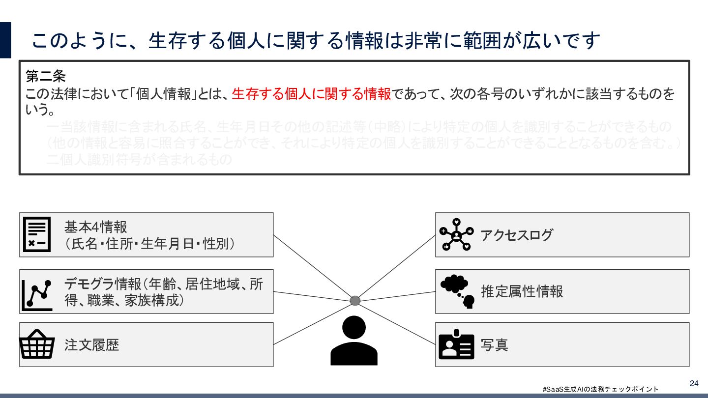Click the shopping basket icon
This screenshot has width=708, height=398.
[36, 344]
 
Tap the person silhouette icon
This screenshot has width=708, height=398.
[354, 341]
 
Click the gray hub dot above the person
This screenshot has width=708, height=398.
[355, 300]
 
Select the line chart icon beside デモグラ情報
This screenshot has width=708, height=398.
[37, 295]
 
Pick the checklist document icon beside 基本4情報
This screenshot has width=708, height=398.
[37, 234]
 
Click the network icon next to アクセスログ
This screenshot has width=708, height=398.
[456, 234]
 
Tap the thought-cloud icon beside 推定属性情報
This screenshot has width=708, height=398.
[457, 291]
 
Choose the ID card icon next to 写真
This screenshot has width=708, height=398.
[456, 345]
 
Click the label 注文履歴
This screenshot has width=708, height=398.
[92, 344]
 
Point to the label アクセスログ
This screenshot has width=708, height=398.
[517, 235]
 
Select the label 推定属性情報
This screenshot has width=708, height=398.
[522, 291]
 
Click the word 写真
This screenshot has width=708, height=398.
[495, 344]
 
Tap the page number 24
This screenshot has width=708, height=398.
[694, 383]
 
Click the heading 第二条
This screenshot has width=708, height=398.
[46, 77]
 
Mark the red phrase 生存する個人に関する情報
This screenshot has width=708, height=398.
[311, 93]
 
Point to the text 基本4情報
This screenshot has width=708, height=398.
[96, 227]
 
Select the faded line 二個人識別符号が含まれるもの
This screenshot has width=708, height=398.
[139, 160]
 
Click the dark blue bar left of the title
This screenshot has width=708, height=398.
[5, 40]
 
